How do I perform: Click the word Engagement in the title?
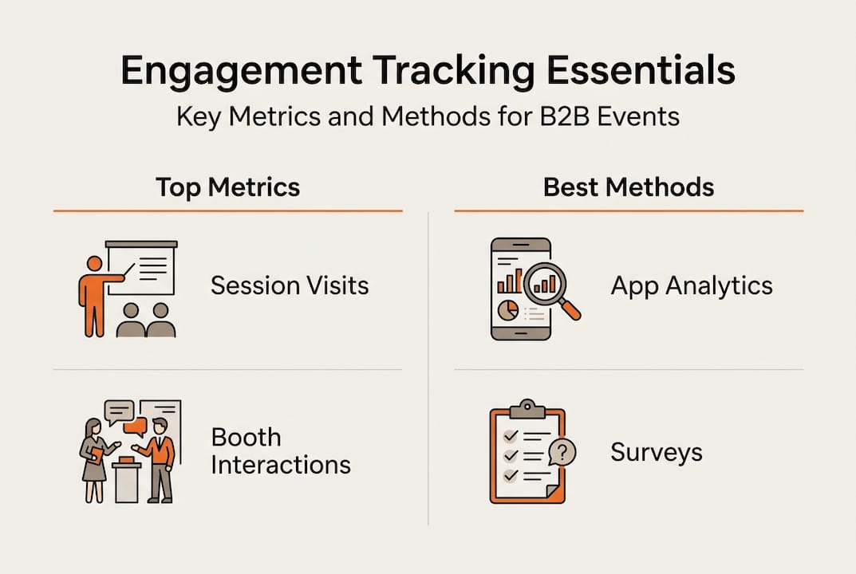click(241, 72)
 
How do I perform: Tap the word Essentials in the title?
click(641, 70)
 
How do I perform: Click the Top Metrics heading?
click(227, 187)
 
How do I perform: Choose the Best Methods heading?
click(629, 187)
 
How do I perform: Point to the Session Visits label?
click(290, 285)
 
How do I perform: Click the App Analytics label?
click(692, 286)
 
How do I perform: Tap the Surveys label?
click(657, 453)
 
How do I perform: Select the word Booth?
click(247, 437)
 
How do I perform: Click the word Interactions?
click(281, 465)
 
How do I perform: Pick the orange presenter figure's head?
click(94, 264)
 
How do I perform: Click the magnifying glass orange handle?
click(570, 309)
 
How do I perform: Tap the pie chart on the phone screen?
click(508, 310)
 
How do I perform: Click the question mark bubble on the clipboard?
click(562, 452)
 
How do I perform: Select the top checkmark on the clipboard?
click(511, 435)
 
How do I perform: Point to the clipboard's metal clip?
click(527, 409)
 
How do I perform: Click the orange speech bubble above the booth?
click(136, 427)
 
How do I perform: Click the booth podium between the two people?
click(127, 480)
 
